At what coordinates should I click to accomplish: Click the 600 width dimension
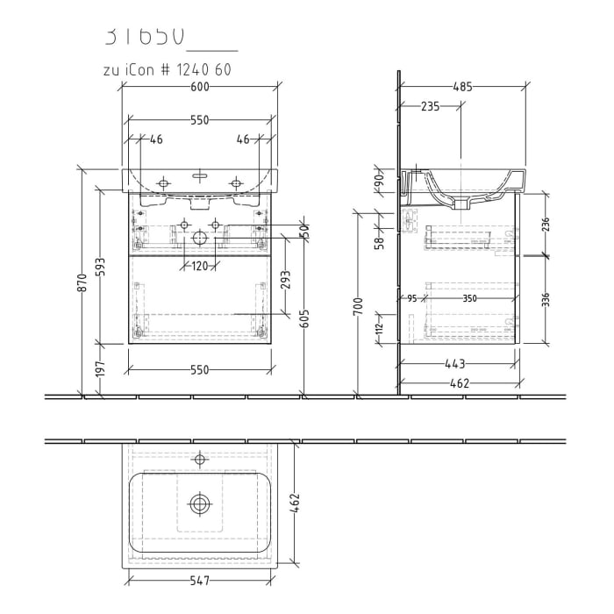200,87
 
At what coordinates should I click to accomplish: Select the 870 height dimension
82,282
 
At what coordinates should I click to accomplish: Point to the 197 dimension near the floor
101,369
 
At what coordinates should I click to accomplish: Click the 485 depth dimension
463,87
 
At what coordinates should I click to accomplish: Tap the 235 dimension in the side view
430,106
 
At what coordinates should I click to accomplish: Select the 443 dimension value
453,363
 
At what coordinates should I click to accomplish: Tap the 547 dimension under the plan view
200,580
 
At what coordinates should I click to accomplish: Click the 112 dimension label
379,329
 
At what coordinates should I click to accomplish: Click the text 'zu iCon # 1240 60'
168,70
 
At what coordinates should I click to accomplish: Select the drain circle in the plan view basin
201,503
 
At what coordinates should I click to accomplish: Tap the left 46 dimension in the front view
156,139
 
